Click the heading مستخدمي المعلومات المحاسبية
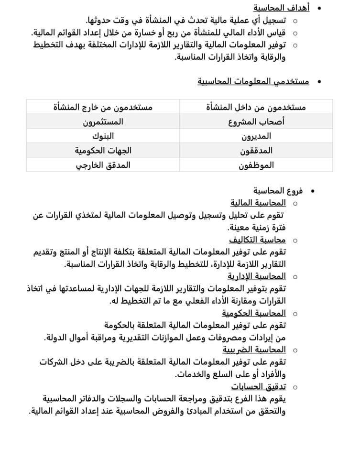tap(253, 81)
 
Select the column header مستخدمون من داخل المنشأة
tap(256, 107)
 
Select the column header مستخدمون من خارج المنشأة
tap(103, 107)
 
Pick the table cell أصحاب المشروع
tap(256, 121)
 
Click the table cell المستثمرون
tap(103, 121)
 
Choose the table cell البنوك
tap(103, 136)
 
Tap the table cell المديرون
tap(256, 136)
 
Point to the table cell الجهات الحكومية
tap(103, 151)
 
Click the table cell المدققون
tap(256, 151)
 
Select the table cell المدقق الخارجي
tap(103, 165)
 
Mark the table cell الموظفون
tap(256, 165)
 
